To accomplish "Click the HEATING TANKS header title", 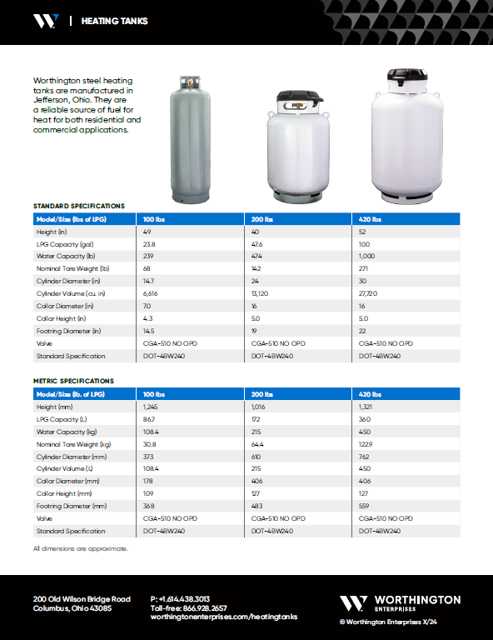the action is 114,21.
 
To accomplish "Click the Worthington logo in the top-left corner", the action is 46,21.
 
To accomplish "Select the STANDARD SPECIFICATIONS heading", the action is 78,205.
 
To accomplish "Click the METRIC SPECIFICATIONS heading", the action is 73,381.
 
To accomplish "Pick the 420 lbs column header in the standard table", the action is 370,219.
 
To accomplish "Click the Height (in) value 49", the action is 147,232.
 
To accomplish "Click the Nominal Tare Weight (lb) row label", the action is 73,269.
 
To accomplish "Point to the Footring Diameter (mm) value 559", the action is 365,506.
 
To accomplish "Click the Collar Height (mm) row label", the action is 61,493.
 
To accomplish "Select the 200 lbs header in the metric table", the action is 261,394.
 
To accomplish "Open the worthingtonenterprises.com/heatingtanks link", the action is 223,617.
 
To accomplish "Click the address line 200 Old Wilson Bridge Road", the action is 82,599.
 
